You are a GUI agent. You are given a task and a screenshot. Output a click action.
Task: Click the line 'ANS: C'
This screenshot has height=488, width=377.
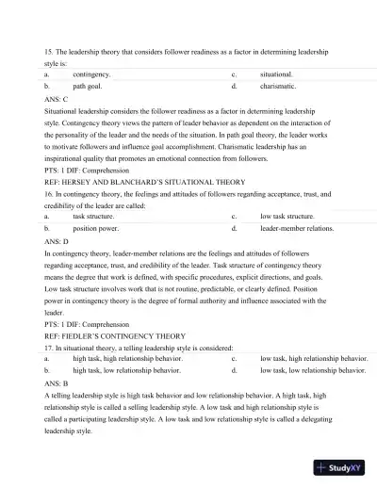pos(57,98)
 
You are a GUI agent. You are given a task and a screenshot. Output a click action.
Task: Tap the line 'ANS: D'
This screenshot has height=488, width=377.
pos(57,241)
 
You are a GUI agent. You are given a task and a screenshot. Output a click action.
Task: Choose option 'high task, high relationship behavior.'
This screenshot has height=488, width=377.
pos(127,359)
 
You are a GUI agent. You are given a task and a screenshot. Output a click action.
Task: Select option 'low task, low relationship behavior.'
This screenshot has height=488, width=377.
pos(312,371)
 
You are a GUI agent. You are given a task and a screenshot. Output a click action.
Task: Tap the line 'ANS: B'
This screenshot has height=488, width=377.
pos(57,384)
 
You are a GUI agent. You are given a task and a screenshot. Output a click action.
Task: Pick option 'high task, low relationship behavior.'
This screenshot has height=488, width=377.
pos(126,371)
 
